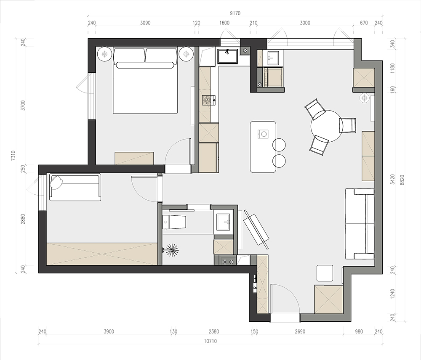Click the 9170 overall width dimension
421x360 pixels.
coord(235,13)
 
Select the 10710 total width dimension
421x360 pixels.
coord(210,341)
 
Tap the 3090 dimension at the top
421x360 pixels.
coord(145,23)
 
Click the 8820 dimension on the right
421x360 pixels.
coord(402,180)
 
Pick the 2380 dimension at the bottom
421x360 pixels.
coord(214,331)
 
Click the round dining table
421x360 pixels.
coord(326,126)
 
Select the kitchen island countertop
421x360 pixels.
coord(263,147)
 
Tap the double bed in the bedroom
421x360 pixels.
coord(145,81)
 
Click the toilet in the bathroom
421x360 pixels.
coord(175,222)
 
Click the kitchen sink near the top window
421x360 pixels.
coord(228,56)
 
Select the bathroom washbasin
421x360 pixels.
coord(223,222)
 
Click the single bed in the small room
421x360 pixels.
coord(75,188)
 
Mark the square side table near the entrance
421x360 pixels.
coord(325,273)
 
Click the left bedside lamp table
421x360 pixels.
coord(105,54)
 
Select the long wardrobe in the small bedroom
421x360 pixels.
coord(102,254)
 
